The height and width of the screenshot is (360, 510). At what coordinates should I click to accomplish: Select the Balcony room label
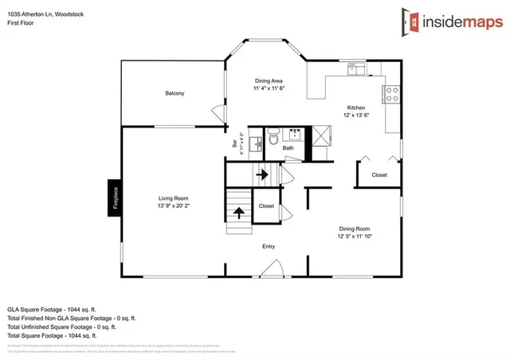point(175,94)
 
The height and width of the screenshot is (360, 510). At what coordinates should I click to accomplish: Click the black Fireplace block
point(115,197)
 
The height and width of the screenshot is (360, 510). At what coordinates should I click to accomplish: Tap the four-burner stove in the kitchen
point(391,94)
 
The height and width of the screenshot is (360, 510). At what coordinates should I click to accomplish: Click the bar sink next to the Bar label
point(255,144)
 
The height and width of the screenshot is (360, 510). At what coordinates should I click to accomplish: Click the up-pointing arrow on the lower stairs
point(237,212)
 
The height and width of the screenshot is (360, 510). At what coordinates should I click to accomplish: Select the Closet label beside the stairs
point(266,205)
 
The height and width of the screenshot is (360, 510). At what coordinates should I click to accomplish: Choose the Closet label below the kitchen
point(379,174)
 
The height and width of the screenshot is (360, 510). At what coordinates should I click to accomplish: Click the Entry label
point(269,247)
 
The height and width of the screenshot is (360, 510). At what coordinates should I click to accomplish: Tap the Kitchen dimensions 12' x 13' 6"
point(355,115)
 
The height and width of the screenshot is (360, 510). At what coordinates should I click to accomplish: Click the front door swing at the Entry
point(269,267)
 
